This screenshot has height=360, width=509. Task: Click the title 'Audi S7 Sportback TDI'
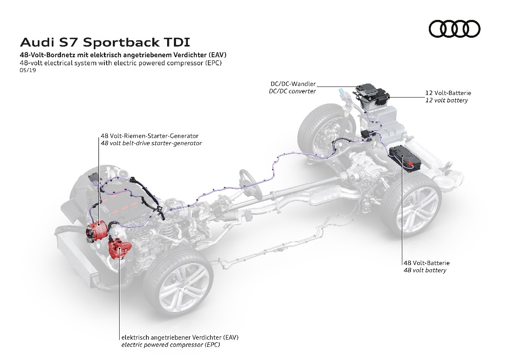[x=105, y=42]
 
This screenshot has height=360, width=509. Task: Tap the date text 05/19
[x=26, y=70]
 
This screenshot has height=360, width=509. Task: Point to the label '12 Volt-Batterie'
[x=448, y=92]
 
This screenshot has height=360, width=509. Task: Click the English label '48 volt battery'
[x=425, y=270]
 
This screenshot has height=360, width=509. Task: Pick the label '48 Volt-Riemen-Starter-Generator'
[x=149, y=136]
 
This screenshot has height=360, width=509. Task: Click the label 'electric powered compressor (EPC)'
[x=171, y=345]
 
